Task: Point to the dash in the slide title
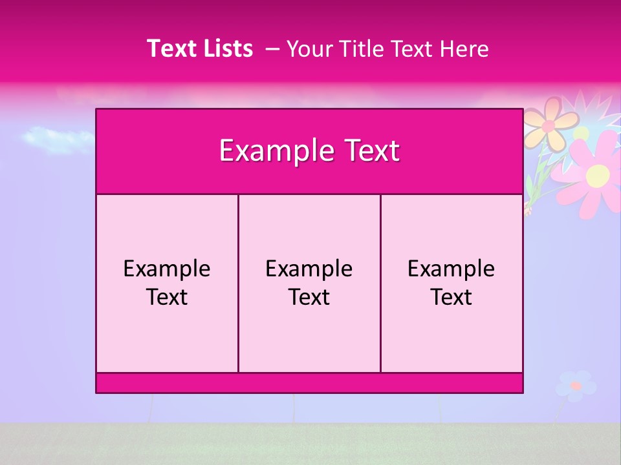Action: pos(272,48)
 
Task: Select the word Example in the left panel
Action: pos(167,269)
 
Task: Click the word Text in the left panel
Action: pos(167,297)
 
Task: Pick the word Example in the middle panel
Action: pos(309,269)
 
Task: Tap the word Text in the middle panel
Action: pos(309,297)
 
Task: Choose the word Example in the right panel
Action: pos(452,269)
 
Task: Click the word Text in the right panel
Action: pos(452,297)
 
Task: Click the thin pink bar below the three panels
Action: pos(309,383)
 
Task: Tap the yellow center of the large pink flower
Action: pos(597,174)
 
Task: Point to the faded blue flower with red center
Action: pos(575,386)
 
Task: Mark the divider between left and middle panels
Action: pos(238,283)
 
